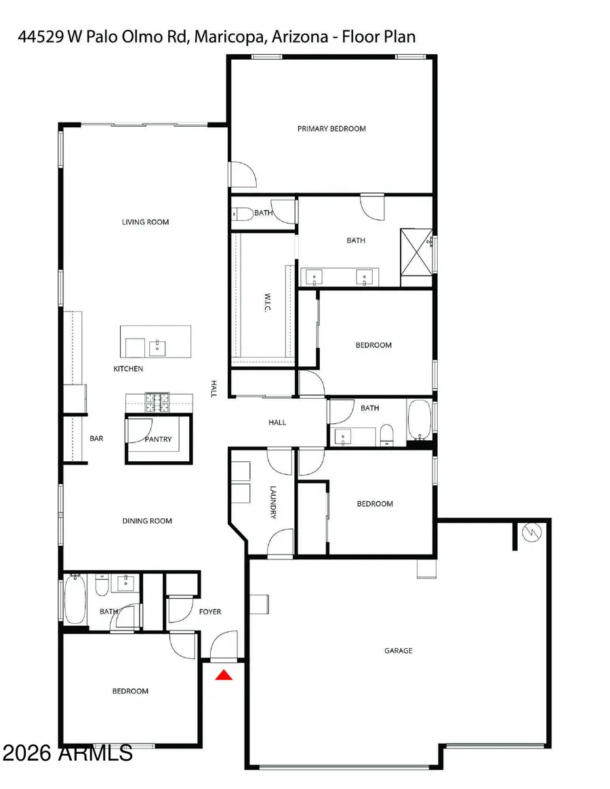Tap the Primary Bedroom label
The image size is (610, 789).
(x=331, y=129)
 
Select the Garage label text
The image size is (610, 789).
(x=399, y=651)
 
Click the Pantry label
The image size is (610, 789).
(x=158, y=440)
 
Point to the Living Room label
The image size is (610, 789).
(x=145, y=222)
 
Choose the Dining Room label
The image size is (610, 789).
(x=147, y=521)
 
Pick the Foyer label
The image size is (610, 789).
(x=210, y=612)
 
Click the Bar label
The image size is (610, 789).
(x=96, y=439)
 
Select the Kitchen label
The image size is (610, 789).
(x=128, y=369)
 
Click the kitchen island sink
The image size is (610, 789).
(x=156, y=347)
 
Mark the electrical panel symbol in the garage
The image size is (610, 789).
(x=531, y=533)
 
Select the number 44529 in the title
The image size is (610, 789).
(x=38, y=37)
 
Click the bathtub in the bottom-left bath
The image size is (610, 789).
(x=75, y=599)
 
